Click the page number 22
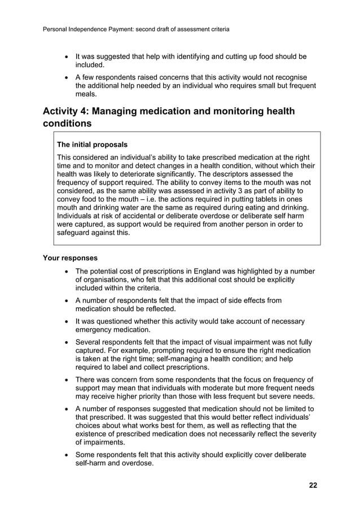tap(312, 485)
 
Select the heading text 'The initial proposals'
tap(92, 145)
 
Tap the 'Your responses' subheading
tap(70, 258)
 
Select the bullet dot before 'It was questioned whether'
tap(67, 321)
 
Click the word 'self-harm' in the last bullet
tap(93, 463)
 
